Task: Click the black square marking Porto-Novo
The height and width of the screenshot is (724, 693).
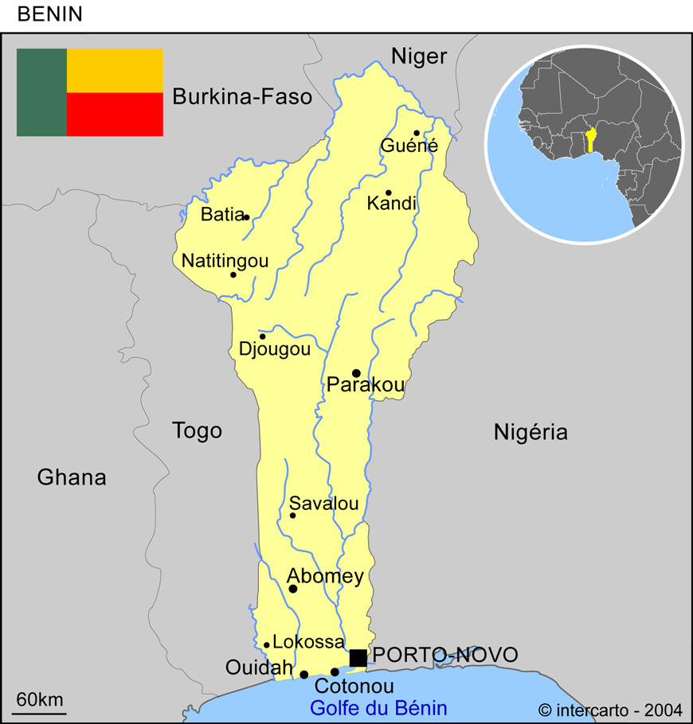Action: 358,658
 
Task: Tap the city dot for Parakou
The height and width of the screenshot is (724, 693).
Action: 356,373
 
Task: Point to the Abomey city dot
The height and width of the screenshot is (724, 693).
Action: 293,589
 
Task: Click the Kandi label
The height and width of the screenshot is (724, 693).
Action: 391,204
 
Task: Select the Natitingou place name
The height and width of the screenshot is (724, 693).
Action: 225,261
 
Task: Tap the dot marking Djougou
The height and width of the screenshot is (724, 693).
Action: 262,337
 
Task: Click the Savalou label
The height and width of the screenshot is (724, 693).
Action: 323,504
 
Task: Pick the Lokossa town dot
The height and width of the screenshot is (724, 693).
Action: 267,645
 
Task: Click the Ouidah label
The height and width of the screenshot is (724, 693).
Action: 259,668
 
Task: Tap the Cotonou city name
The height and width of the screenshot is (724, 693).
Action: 354,687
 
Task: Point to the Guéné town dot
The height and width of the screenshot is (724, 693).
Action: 417,133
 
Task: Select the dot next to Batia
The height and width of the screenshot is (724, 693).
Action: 246,217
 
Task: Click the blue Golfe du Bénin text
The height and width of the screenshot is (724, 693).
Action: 378,708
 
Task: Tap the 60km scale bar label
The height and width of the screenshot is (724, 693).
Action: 40,700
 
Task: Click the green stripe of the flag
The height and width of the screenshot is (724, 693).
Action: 41,92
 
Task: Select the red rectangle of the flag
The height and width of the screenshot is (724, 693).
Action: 115,115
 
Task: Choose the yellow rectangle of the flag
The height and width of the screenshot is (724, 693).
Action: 115,70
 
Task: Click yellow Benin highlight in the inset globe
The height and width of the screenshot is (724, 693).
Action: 591,141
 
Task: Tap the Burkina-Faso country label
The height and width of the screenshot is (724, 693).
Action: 242,97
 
